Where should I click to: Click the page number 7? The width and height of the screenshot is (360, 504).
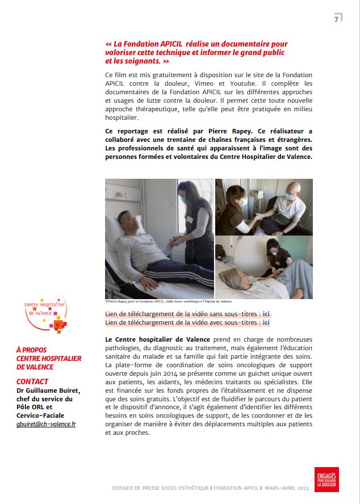pos(336,19)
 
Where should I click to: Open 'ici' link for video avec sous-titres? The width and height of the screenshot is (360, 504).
pos(266,322)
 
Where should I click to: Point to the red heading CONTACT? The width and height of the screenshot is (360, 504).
pos(32,381)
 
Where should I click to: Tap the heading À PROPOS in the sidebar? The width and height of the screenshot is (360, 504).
pos(31,350)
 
